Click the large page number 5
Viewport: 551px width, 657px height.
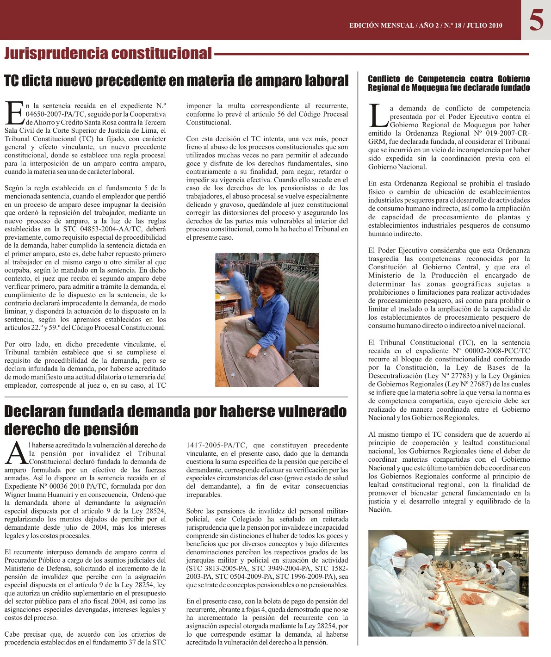tap(536, 20)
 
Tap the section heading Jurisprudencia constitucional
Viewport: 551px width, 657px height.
tap(108, 54)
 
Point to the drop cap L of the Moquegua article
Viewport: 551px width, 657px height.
tap(378, 116)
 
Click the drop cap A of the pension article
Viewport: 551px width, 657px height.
tap(16, 453)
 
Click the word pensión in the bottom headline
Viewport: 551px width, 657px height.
tap(110, 429)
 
